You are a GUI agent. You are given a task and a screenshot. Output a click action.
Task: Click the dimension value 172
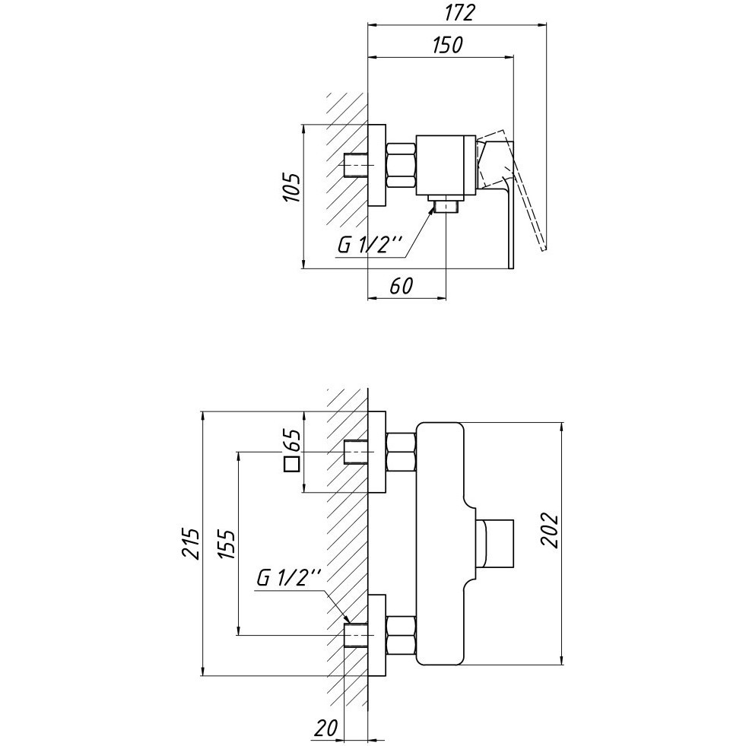tap(459, 13)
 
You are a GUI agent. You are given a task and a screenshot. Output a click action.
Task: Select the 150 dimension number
tap(447, 45)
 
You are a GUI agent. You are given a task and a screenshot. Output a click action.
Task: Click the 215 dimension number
tap(191, 542)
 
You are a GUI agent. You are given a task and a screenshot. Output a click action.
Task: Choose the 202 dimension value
tap(550, 530)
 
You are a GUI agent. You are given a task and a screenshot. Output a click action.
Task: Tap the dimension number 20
tap(325, 728)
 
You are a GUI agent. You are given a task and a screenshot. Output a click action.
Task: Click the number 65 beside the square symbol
tap(292, 440)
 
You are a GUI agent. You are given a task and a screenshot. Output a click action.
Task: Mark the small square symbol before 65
tap(291, 464)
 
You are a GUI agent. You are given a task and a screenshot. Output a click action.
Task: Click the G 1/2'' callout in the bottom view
tap(290, 578)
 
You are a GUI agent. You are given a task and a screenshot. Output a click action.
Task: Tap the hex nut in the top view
tap(402, 165)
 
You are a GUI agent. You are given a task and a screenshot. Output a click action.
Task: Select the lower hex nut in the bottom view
tap(402, 636)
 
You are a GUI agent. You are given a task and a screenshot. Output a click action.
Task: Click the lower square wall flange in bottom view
tap(377, 636)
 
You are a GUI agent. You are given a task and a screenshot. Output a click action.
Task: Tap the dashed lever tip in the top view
tap(543, 247)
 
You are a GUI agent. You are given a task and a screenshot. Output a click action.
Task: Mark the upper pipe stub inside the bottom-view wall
tap(356, 452)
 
